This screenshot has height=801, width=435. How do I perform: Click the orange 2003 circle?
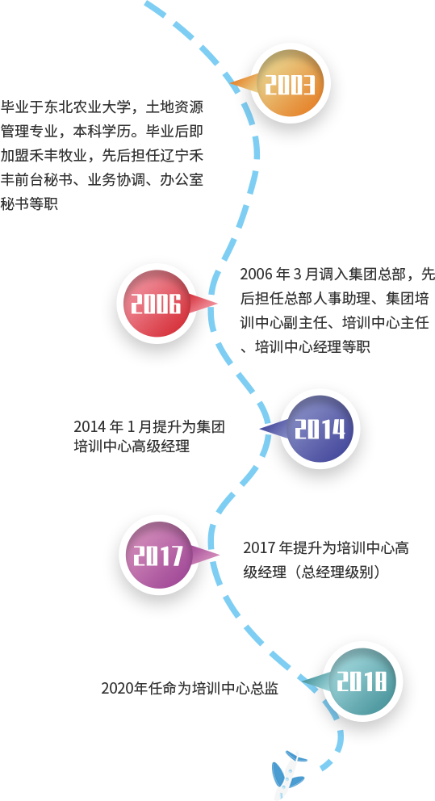coord(291,84)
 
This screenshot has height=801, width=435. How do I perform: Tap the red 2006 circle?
coord(157,304)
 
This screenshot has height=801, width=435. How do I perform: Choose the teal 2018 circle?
coord(362,681)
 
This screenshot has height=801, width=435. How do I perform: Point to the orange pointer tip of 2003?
coord(231,82)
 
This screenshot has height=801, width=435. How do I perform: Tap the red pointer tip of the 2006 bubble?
coord(216,304)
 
